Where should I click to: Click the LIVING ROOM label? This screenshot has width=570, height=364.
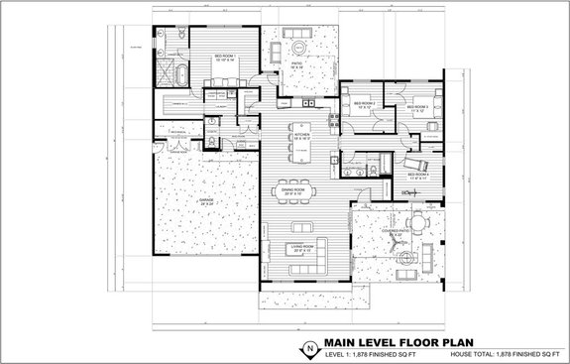pos(300,248)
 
